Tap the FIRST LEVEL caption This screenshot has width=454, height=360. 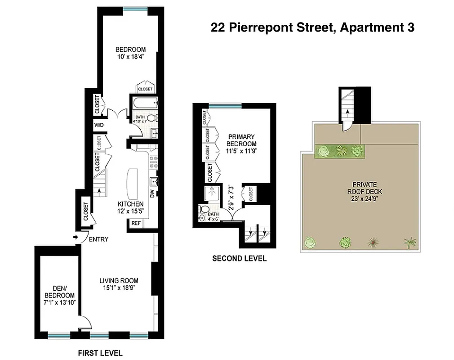[100, 353]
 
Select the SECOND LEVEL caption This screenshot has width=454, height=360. [239, 258]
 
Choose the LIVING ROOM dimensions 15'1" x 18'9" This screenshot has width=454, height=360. [119, 288]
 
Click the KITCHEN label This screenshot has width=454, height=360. [130, 204]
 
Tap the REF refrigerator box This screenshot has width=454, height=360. [135, 223]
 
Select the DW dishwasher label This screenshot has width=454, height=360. [152, 194]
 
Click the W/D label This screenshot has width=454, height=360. [98, 125]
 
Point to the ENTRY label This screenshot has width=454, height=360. [98, 239]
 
